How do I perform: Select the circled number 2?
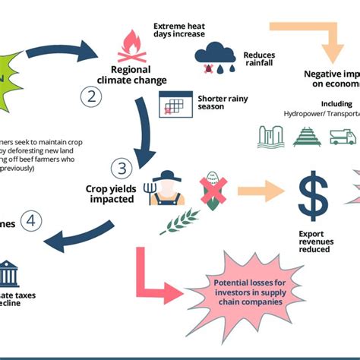click(92, 96)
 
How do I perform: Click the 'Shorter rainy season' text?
click(222, 102)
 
